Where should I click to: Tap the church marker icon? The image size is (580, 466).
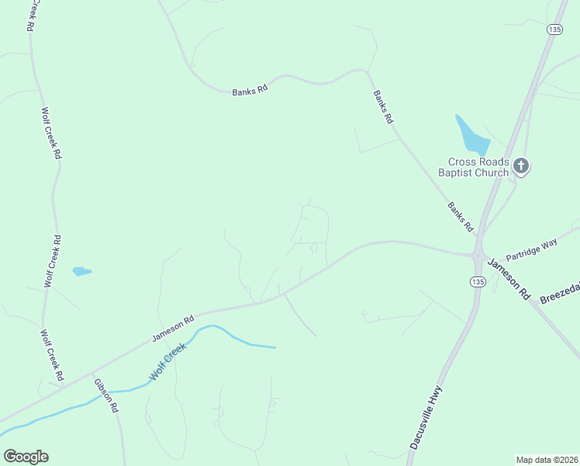[x=521, y=165]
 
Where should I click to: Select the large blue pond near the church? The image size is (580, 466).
[x=471, y=135]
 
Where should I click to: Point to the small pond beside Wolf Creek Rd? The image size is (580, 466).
[x=81, y=271]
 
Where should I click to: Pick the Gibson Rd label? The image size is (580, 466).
[x=106, y=395]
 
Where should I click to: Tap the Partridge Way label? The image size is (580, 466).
[x=532, y=249]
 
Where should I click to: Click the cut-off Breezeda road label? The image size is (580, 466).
[x=560, y=292]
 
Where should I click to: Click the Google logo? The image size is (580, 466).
[x=26, y=457]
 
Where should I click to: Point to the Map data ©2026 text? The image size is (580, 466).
[x=547, y=459]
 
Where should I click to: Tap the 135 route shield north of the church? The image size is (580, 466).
[x=553, y=29]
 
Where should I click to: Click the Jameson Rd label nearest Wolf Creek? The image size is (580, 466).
[x=172, y=327]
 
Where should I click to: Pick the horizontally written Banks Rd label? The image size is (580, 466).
[x=250, y=90]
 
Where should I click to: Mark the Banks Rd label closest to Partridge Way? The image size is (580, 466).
[x=460, y=217]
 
